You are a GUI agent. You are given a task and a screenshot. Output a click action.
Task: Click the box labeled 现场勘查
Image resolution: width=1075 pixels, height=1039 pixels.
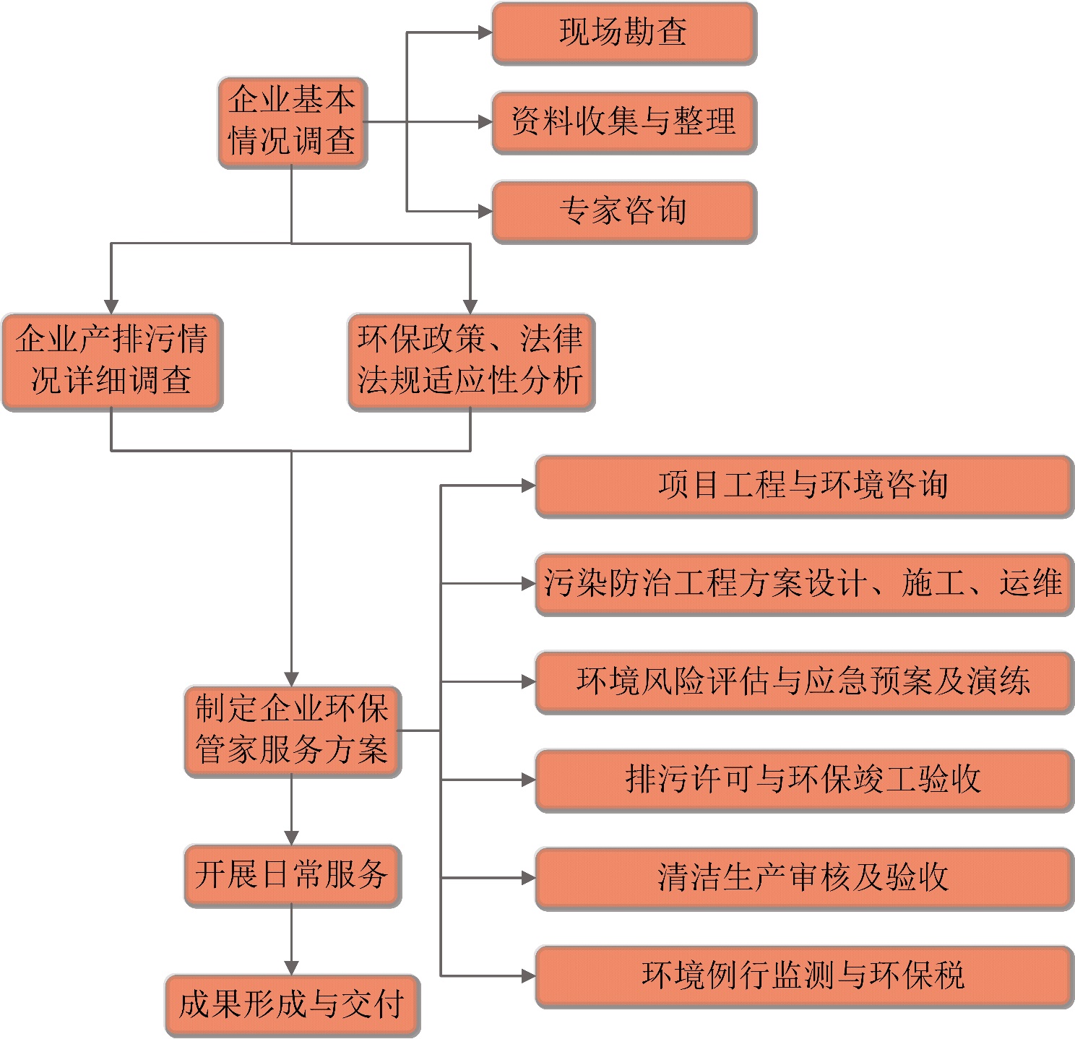point(624,33)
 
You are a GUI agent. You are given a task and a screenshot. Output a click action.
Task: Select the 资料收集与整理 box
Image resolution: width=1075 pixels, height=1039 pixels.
point(624,122)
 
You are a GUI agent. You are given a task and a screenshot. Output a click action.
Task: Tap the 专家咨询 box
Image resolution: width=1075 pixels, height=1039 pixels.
point(624,212)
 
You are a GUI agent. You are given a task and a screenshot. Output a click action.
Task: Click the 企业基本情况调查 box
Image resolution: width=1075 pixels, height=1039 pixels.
point(293,122)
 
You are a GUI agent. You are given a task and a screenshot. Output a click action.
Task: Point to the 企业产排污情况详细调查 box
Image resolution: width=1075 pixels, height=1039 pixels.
point(112,361)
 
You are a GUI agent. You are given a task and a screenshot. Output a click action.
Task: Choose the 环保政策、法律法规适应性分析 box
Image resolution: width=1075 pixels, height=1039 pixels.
point(471,361)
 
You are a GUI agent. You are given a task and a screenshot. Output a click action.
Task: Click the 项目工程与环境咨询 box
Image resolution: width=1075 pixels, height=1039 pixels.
point(803,486)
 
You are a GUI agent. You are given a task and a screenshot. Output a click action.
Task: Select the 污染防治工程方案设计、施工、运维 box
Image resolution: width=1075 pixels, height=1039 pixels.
point(803,584)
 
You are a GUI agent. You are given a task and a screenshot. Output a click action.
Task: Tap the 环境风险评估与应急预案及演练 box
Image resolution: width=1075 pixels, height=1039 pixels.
point(803,682)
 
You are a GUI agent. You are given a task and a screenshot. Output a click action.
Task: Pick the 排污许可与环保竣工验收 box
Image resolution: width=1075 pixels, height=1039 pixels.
point(803,780)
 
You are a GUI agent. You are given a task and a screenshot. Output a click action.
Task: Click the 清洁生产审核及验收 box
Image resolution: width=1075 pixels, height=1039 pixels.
point(803,879)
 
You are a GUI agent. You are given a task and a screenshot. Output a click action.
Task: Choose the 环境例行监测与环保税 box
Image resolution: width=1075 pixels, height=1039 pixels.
point(803,976)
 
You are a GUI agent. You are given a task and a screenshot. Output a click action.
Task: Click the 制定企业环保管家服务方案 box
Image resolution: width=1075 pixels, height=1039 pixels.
point(293,730)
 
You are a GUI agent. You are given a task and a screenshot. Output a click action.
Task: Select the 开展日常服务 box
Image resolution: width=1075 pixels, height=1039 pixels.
point(293,875)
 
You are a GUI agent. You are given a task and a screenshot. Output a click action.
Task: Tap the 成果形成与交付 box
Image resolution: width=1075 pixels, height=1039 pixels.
point(293,1005)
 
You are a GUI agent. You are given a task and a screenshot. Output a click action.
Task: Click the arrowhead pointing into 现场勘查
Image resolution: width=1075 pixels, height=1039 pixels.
point(485,33)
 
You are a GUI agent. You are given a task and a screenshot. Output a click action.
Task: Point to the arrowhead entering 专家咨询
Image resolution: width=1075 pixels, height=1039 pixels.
point(485,212)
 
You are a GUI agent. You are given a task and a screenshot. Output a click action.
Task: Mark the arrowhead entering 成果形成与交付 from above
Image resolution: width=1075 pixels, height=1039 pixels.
point(291,967)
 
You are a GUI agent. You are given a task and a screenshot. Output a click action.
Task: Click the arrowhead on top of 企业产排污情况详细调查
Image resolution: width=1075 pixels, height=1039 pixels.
point(111,306)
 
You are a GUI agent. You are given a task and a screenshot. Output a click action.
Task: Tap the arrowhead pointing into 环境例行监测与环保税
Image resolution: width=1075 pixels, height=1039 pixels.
point(528,976)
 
